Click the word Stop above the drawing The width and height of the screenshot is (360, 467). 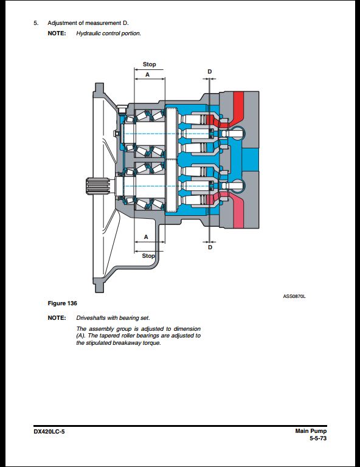click(x=149, y=64)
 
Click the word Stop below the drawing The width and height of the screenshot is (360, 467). click(x=148, y=256)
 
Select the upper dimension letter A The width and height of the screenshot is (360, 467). click(x=147, y=74)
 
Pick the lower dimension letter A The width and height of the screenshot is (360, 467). click(x=146, y=237)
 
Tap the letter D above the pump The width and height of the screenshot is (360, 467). click(x=210, y=72)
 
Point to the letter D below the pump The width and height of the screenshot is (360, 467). click(x=210, y=247)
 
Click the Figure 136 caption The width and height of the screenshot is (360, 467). click(x=62, y=303)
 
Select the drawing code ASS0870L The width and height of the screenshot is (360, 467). click(x=294, y=296)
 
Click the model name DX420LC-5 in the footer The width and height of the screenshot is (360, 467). click(x=49, y=432)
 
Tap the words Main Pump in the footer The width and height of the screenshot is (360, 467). click(x=311, y=431)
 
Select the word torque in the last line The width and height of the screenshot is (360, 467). click(x=153, y=343)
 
